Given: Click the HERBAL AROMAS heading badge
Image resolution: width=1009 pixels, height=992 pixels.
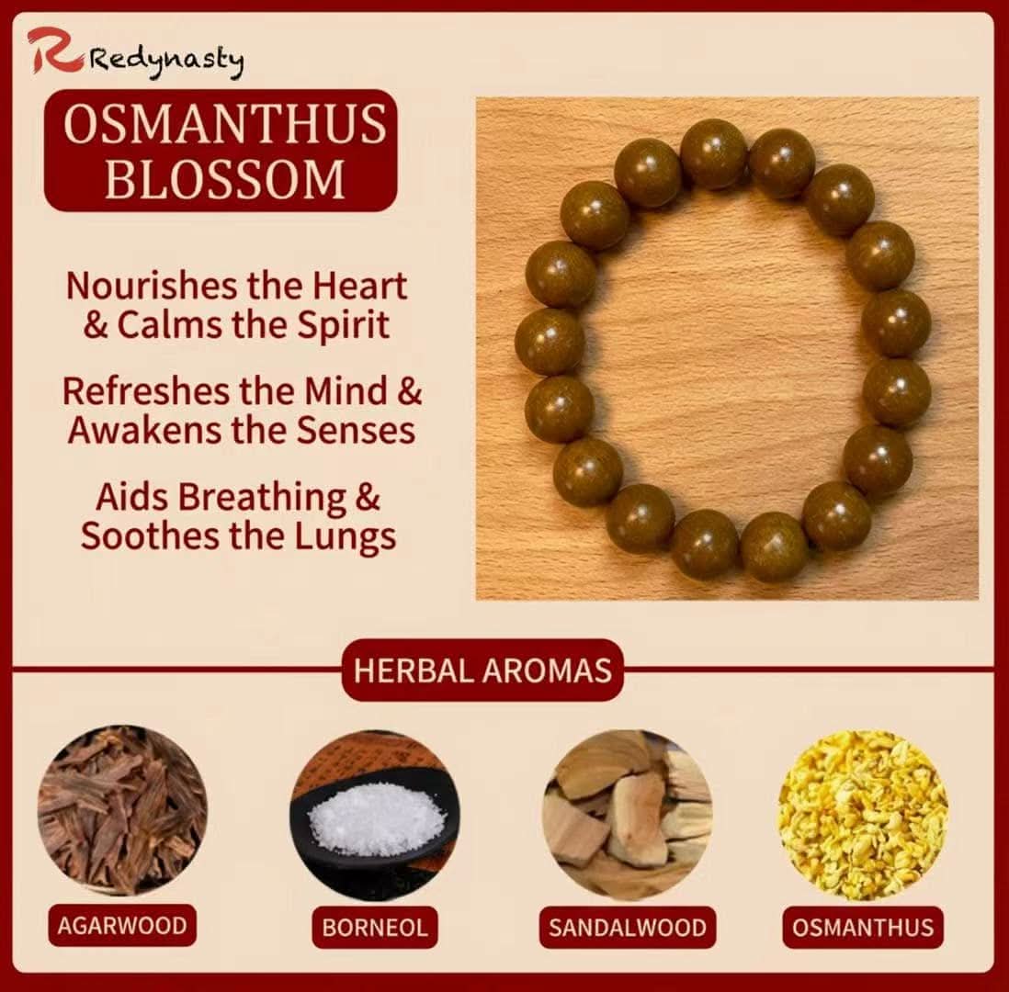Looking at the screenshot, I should pos(482,670).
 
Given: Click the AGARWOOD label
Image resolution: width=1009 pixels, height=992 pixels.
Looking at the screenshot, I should pos(121,925).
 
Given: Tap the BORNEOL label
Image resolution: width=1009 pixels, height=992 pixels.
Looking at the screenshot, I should pos(374,927).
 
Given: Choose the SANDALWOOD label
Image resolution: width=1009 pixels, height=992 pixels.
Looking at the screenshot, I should pos(628,927).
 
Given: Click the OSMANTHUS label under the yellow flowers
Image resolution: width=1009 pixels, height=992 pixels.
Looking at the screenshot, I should pos(863,927).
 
